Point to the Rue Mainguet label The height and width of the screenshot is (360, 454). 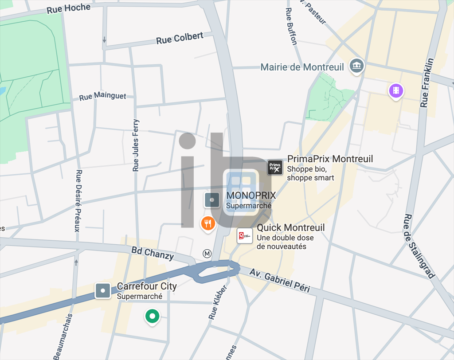[102, 96]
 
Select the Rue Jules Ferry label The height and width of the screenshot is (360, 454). [136, 145]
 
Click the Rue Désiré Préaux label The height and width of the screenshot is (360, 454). [78, 201]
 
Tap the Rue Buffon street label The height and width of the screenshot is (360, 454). [291, 26]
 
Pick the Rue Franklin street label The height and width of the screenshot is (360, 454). [427, 82]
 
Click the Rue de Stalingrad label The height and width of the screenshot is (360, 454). [418, 246]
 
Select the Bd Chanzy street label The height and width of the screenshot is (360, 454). [153, 253]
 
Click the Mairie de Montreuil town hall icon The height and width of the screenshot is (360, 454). [356, 66]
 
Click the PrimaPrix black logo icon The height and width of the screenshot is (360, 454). [275, 167]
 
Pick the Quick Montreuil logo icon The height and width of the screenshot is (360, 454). [244, 236]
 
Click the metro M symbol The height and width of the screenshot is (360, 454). [207, 254]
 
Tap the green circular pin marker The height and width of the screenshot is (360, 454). [152, 317]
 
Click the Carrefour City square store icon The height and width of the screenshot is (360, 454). [103, 291]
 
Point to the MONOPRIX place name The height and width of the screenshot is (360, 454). [251, 195]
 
